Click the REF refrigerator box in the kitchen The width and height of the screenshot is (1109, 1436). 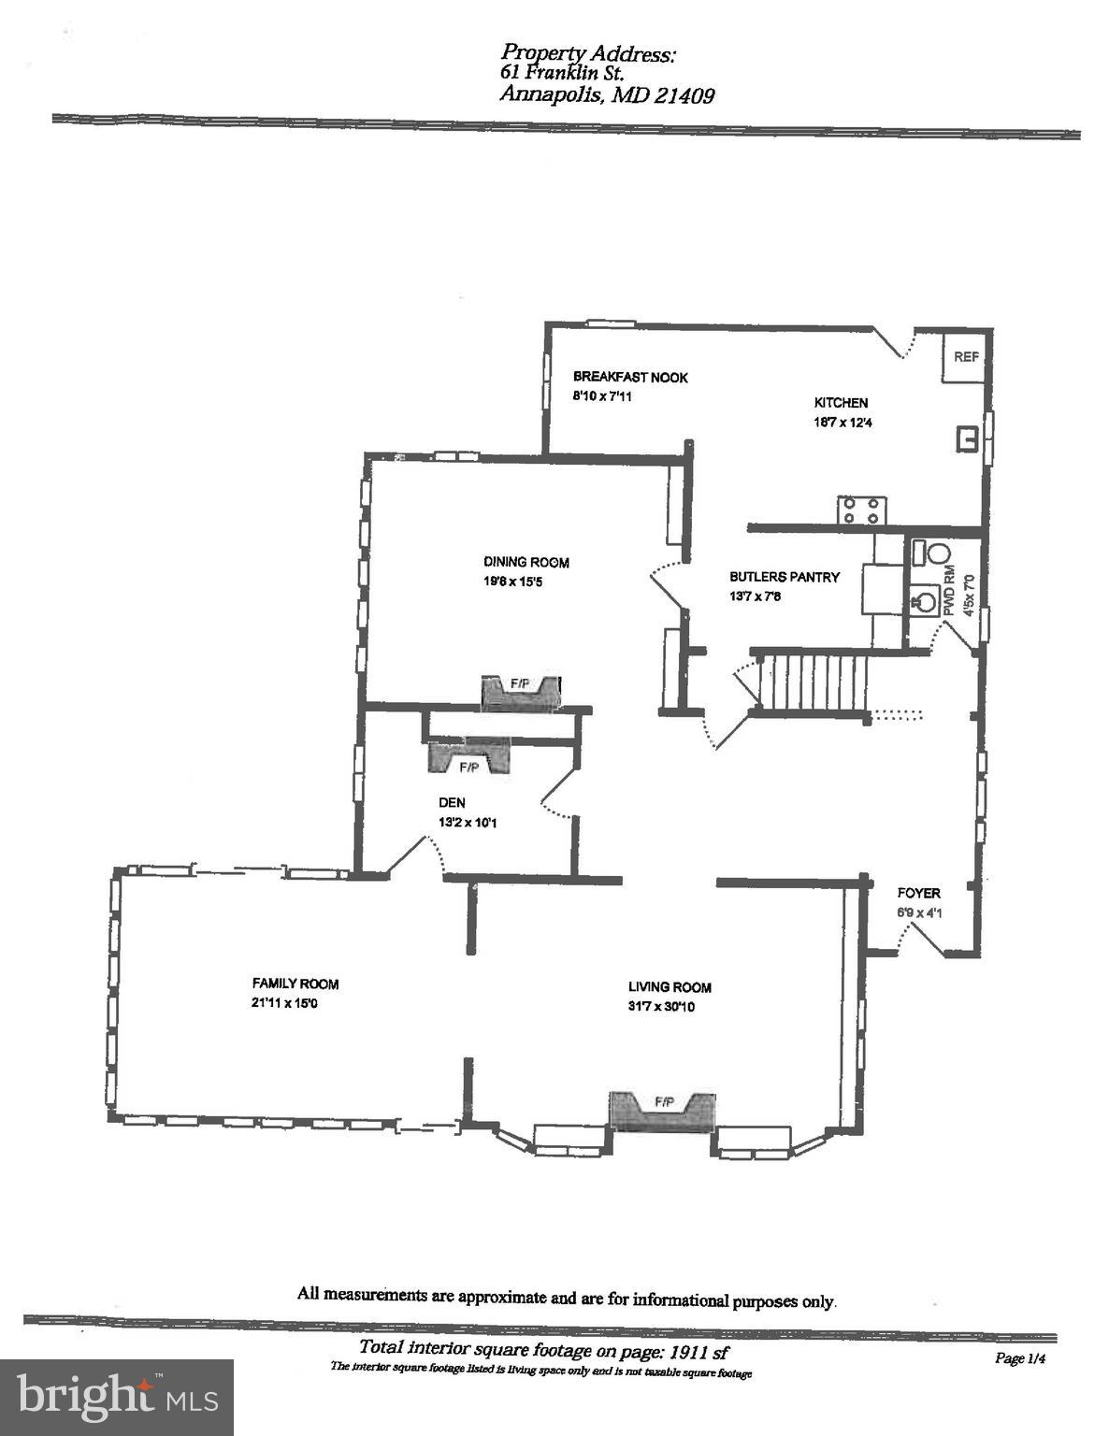pos(964,356)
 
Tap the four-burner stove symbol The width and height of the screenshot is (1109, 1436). pos(860,510)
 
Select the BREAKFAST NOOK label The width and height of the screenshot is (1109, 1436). pos(630,377)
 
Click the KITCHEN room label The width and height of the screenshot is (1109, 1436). pos(841,402)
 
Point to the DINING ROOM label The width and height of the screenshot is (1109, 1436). pos(526,562)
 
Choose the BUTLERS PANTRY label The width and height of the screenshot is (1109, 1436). pos(785,577)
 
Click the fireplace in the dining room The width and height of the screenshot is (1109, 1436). pos(520,693)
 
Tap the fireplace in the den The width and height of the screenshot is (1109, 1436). pos(468,756)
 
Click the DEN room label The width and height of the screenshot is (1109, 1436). pos(452,802)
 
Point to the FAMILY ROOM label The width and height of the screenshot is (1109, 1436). pos(295,984)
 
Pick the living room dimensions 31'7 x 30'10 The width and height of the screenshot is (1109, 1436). pos(661,1007)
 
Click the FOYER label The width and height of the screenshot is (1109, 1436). pos(918,893)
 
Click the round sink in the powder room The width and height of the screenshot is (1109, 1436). pos(924,599)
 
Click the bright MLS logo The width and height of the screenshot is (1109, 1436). pos(117,1397)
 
